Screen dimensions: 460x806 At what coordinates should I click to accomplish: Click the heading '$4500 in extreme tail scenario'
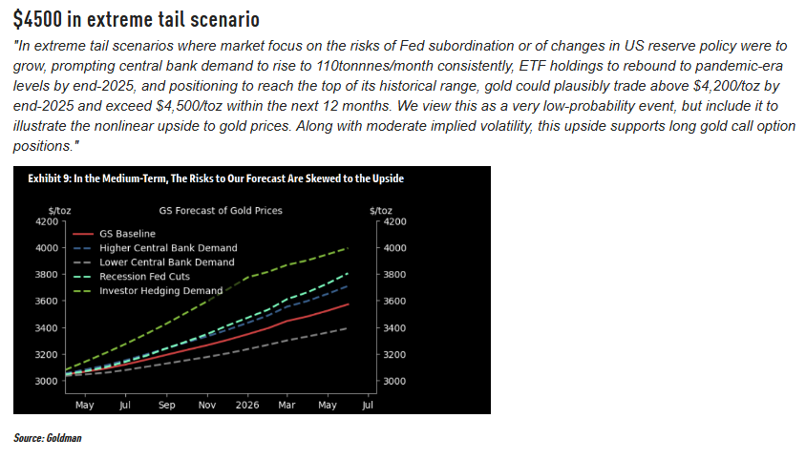137,19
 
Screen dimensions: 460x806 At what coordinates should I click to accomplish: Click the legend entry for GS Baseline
127,234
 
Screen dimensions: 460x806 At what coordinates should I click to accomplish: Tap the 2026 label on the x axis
247,404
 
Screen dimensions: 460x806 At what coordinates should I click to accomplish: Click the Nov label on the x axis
207,404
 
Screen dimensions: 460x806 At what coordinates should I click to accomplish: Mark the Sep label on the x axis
166,404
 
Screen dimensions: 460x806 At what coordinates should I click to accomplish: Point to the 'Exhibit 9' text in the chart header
47,178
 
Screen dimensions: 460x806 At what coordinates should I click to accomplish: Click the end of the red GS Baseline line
348,304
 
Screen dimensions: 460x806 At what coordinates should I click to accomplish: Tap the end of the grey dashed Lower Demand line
346,328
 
